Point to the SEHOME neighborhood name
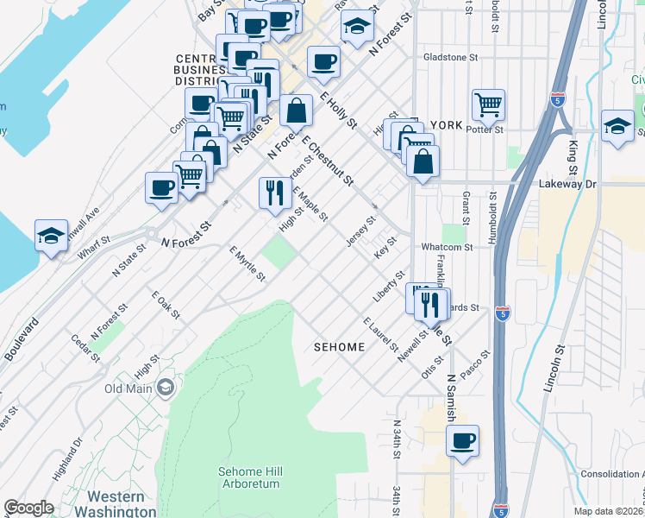(340, 346)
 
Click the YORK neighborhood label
(446, 125)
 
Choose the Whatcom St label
(447, 247)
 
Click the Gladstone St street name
(450, 58)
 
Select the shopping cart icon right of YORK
(488, 104)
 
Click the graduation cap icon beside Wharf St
(51, 235)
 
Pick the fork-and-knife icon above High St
(274, 193)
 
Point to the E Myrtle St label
(247, 264)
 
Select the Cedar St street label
(87, 348)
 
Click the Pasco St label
(479, 360)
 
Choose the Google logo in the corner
(28, 508)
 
